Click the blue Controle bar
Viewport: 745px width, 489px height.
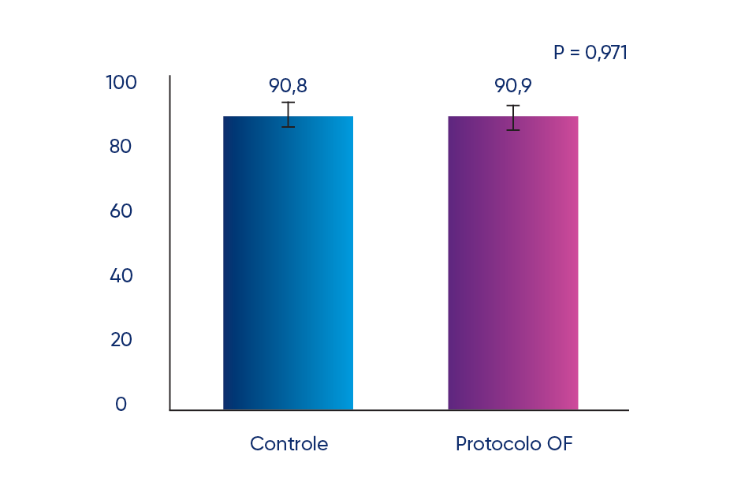[x=288, y=263]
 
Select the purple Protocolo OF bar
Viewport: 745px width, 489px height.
[x=512, y=263]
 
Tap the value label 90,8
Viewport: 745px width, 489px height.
[x=288, y=85]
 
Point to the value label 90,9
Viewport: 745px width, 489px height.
[x=512, y=85]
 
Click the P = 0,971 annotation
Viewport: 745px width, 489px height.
[x=590, y=53]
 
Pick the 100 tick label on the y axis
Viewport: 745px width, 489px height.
[x=121, y=82]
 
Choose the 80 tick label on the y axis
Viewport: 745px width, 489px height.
[x=121, y=147]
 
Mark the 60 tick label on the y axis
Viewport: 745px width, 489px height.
[x=121, y=211]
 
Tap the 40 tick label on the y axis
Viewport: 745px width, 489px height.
[x=121, y=276]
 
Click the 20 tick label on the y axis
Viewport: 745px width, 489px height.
[x=121, y=340]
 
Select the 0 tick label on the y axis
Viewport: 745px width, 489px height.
[x=121, y=405]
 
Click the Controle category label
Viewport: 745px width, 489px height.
[x=289, y=444]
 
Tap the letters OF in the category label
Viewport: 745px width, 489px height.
[x=559, y=444]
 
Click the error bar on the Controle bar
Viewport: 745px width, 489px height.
[x=289, y=114]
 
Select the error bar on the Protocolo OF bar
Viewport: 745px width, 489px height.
[x=513, y=118]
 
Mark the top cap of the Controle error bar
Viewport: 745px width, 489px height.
[x=289, y=103]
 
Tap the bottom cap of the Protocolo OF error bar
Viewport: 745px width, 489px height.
[x=513, y=129]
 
